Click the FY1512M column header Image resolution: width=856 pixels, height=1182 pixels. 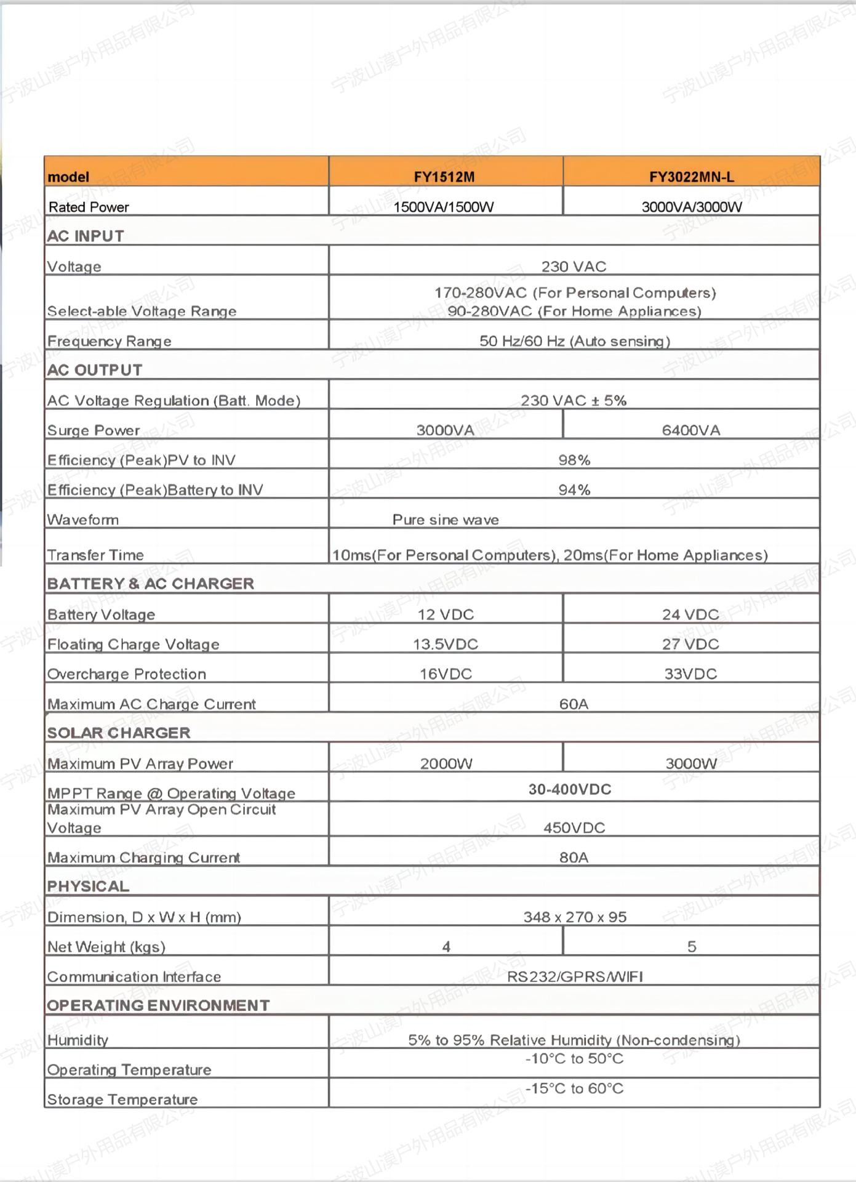[444, 177]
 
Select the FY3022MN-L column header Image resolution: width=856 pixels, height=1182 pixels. [691, 177]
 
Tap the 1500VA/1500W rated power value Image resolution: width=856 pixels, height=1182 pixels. [444, 207]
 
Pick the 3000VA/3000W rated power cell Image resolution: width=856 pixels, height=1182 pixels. [692, 207]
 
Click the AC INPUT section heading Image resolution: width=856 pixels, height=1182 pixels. [86, 236]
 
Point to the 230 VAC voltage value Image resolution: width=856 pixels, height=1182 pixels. [574, 267]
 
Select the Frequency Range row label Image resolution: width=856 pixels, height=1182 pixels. [110, 341]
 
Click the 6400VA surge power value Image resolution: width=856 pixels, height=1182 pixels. [691, 430]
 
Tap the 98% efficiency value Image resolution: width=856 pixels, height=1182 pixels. [574, 460]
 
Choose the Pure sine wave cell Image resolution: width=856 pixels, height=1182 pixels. [446, 520]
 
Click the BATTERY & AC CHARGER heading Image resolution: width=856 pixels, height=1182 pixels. [151, 584]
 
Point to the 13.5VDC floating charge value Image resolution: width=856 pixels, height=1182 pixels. [446, 644]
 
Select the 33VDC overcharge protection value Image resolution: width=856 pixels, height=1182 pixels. [690, 673]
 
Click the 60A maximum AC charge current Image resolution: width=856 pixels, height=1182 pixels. [574, 704]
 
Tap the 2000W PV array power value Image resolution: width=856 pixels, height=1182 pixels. [446, 763]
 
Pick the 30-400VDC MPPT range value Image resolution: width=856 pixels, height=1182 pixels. [570, 789]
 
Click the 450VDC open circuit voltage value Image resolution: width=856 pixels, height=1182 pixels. [574, 827]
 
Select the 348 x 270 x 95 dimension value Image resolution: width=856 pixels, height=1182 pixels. [575, 917]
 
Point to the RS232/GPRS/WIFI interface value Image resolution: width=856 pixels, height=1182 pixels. [575, 976]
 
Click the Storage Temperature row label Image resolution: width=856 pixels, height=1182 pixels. [122, 1100]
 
